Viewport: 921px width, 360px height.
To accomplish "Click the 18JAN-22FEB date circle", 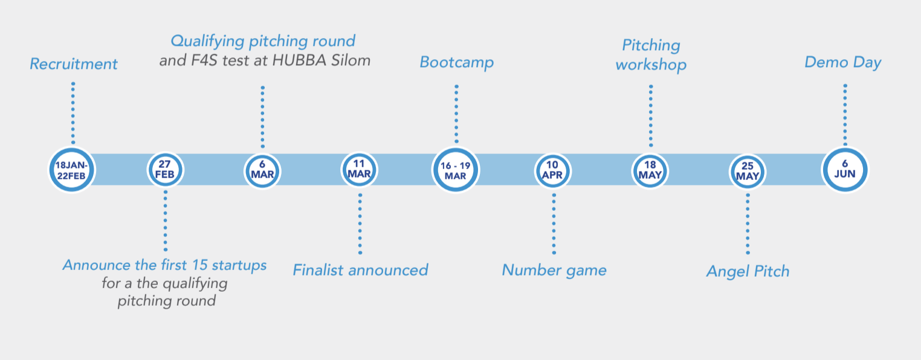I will coord(72,170).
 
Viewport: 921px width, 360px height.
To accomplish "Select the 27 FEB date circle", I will coord(165,170).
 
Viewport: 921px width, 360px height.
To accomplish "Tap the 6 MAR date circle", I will coord(262,170).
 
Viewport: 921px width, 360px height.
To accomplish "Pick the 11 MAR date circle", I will coord(360,170).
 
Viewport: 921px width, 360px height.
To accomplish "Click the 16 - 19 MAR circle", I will coord(456,170).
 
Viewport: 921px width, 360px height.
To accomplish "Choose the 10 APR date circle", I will coord(553,170).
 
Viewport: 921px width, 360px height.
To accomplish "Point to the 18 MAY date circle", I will coord(650,170).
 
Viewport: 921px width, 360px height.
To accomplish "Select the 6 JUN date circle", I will coord(845,170).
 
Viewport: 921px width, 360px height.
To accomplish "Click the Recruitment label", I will coord(74,64).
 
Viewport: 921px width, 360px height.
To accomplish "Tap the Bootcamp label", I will coord(457,62).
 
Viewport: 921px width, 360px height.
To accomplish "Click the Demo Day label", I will coord(842,62).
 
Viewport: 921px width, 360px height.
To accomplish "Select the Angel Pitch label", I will coord(748,271).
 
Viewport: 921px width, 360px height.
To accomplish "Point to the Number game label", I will coord(554,270).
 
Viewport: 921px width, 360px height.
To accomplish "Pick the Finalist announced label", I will coord(360,270).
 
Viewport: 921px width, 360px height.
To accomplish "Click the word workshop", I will coord(651,65).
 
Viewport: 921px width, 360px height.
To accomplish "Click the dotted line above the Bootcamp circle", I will coord(456,114).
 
